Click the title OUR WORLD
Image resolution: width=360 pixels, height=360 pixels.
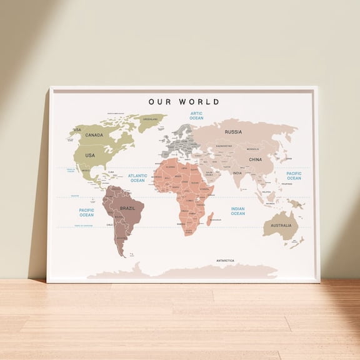click(184, 101)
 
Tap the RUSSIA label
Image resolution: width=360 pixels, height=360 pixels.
click(233, 132)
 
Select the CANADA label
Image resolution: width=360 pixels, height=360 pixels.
click(94, 135)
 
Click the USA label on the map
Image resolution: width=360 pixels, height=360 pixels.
click(90, 155)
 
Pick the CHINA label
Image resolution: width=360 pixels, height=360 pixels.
click(256, 159)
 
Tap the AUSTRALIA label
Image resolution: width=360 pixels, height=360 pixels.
click(281, 225)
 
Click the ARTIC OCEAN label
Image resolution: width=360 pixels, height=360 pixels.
click(196, 116)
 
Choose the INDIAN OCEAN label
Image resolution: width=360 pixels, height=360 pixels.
click(237, 211)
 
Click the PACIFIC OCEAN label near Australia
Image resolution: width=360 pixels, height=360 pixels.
click(294, 176)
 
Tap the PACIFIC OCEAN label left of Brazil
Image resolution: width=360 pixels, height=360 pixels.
click(86, 212)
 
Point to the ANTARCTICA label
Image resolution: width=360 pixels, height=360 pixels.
click(225, 260)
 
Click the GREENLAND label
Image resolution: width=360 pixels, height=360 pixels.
click(150, 119)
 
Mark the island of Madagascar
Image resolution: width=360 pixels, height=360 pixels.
click(211, 218)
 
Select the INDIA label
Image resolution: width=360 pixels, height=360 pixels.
click(237, 173)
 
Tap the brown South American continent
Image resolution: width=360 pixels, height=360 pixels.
click(122, 216)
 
